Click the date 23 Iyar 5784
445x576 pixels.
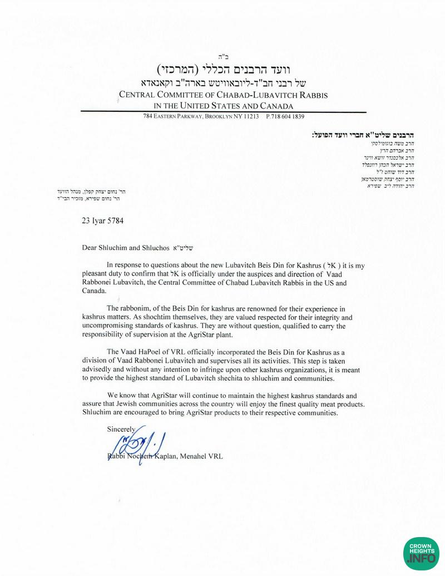[102, 220]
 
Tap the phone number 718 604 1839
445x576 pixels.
[289, 117]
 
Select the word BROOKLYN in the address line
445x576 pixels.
[220, 117]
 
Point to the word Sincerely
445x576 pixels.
[121, 429]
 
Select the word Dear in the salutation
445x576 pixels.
[90, 248]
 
